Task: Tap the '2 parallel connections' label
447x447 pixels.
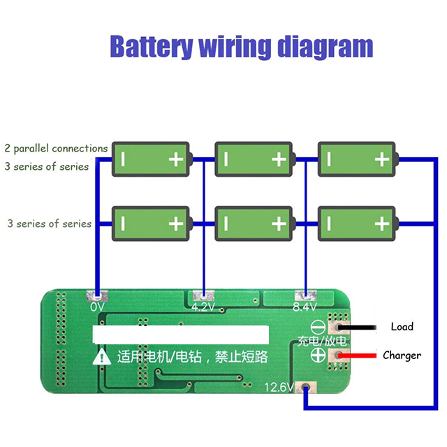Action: coord(56,148)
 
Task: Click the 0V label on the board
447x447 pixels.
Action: coord(97,307)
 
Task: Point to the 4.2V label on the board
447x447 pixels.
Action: coord(202,307)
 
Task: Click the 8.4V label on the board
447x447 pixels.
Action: coord(305,307)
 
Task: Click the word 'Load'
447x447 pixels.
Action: coord(402,326)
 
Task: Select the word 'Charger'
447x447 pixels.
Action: coord(402,356)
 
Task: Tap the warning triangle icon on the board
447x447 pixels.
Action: coord(103,357)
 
